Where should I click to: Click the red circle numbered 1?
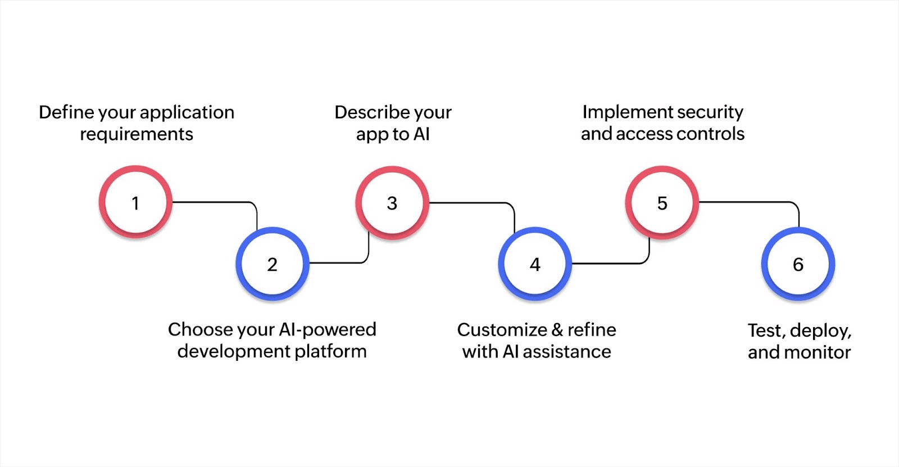[x=135, y=202]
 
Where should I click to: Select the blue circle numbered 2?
[x=273, y=264]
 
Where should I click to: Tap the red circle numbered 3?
[x=392, y=202]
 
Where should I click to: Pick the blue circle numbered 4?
[x=535, y=264]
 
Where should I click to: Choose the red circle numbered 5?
[x=662, y=202]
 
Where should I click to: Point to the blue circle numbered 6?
[x=798, y=264]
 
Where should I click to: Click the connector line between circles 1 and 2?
[x=214, y=202]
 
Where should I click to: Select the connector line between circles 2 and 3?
[x=337, y=262]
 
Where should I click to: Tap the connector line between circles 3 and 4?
[x=472, y=202]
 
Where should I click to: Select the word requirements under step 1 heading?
[x=137, y=134]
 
